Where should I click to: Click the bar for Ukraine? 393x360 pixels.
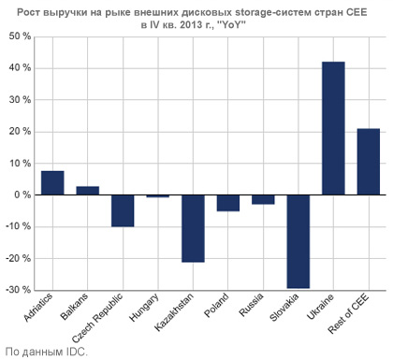333,128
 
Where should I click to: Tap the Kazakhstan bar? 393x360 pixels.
193,228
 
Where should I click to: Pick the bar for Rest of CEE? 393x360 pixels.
369,162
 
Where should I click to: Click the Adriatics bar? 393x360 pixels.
52,183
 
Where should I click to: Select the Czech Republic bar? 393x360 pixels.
123,210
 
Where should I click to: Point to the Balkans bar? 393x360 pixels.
88,191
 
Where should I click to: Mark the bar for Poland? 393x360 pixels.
228,203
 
